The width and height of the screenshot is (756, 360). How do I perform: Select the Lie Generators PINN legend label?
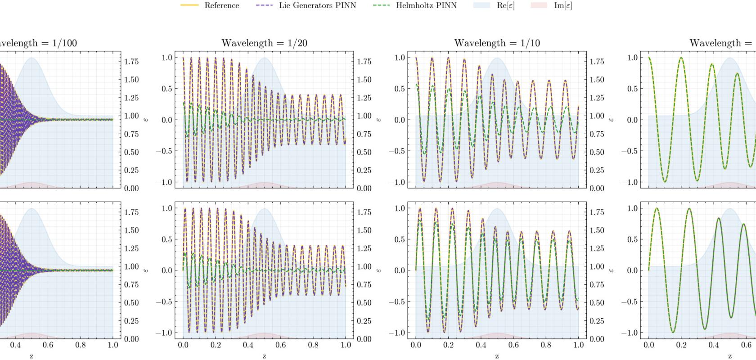click(x=317, y=5)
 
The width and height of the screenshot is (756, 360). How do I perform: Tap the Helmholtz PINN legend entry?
click(x=426, y=5)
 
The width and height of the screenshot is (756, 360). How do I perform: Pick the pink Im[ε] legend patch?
click(x=539, y=5)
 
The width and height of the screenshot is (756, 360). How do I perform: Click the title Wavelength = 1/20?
click(x=264, y=43)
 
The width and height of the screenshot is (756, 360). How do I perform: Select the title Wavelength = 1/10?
click(x=497, y=43)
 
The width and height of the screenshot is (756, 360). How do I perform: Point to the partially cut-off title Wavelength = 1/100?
click(x=38, y=43)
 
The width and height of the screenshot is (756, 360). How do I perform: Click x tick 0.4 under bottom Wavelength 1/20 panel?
click(x=248, y=345)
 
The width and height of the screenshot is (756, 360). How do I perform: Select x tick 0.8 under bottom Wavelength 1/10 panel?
click(x=546, y=345)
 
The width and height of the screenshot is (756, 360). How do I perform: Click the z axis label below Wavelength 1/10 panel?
click(x=497, y=355)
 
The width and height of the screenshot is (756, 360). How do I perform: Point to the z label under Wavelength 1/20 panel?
click(x=264, y=355)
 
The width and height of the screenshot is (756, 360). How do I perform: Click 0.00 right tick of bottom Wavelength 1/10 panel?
click(x=597, y=339)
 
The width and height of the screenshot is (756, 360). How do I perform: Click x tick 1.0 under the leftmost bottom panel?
click(x=113, y=345)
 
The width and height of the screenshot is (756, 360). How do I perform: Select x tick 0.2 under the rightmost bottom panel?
click(x=681, y=345)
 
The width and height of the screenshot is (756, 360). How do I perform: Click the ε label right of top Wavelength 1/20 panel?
click(x=379, y=120)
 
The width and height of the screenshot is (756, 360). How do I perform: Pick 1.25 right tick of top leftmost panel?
click(x=131, y=98)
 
